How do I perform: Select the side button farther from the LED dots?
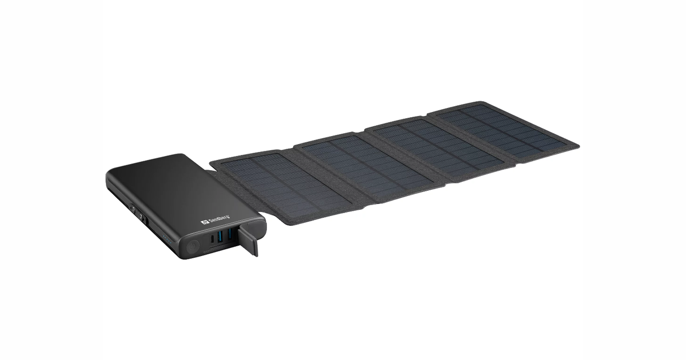pyautogui.click(x=133, y=210)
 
